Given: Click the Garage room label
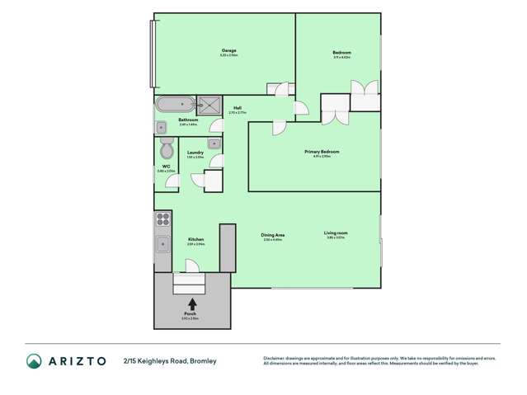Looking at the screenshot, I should pos(228,51).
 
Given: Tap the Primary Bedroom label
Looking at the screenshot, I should pos(322,152).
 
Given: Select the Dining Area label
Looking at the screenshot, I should pos(272,235).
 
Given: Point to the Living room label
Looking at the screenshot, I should pos(336,233).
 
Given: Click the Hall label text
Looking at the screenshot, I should pos(238,108).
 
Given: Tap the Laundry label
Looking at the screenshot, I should pos(195,153).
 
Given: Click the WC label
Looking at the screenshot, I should pos(166,167).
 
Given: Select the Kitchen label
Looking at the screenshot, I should pos(195,240).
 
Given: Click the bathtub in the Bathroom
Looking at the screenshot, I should pos(175,105).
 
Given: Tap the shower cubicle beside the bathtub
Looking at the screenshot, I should pos(209,105).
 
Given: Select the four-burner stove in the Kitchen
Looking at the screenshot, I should pos(163,219).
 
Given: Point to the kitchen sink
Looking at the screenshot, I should pos(163,244).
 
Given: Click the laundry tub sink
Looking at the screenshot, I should pos(214,143).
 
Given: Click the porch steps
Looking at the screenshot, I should pos(191,284).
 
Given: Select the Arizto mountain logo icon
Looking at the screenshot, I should pos(34,360).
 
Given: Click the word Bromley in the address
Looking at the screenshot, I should pos(203,361).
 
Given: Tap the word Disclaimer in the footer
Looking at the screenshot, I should pos(274,358).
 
